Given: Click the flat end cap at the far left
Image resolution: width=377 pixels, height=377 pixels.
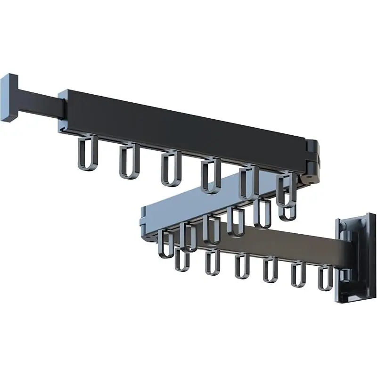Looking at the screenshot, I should [9, 98].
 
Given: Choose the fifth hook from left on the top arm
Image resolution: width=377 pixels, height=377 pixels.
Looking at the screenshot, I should [248, 182].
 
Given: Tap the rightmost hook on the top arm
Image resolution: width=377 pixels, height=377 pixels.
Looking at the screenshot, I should [286, 188].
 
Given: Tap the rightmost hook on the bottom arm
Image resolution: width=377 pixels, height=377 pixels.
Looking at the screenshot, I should [325, 278].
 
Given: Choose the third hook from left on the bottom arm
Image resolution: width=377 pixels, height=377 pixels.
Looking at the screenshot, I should [242, 266].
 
